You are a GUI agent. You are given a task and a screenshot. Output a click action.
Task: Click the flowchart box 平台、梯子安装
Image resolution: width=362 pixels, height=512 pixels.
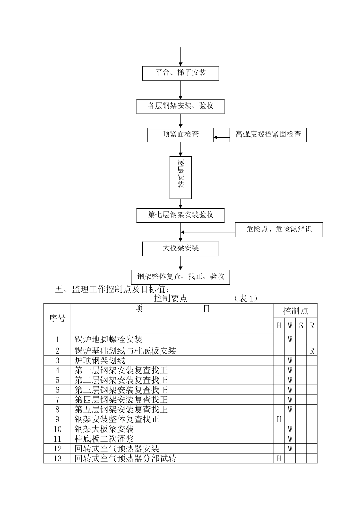181,73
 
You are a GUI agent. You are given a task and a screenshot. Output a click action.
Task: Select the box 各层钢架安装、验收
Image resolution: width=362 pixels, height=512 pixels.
181,106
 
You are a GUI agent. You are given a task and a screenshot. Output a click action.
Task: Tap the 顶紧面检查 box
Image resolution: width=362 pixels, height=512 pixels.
181,134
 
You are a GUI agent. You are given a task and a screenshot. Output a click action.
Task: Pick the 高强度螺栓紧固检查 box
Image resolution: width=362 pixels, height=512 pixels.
268,134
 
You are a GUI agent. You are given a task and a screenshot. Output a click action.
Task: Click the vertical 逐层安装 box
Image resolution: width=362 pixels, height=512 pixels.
181,178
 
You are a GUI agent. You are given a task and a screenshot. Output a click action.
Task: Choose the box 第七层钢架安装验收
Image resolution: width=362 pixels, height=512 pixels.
181,215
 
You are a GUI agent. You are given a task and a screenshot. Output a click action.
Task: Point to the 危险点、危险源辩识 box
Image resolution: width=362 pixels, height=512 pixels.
279,229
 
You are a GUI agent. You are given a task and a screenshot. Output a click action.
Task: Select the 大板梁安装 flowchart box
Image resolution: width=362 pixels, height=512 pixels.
181,248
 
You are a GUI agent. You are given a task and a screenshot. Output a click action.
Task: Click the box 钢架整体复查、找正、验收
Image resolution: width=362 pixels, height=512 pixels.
181,277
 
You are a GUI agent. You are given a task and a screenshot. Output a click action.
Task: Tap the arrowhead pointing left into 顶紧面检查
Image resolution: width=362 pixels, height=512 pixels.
216,137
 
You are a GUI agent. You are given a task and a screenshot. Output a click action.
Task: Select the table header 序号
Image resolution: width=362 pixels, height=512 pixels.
57,318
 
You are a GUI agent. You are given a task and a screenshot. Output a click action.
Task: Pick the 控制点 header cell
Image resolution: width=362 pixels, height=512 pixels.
295,311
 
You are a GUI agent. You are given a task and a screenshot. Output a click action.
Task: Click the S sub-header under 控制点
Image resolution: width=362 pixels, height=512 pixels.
301,326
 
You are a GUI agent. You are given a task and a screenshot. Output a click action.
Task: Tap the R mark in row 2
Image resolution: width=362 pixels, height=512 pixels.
312,351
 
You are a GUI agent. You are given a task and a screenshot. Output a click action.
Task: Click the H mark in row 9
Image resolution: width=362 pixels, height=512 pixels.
279,419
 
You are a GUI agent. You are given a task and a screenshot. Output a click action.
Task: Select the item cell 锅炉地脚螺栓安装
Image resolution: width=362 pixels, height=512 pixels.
109,339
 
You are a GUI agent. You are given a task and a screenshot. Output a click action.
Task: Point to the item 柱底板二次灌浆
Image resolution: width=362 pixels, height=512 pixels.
104,439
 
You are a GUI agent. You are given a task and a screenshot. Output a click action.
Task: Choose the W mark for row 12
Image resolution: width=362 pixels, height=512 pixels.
290,449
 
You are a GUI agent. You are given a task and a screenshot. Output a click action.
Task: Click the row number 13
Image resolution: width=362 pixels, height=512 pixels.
58,459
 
